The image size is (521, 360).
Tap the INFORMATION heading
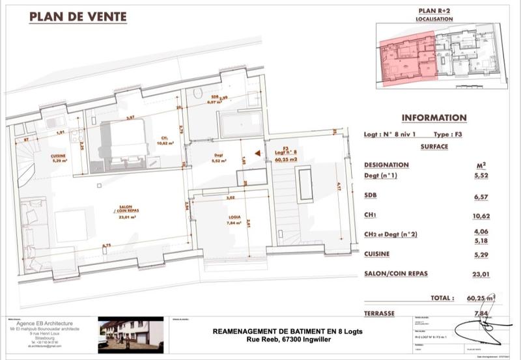pos(434,118)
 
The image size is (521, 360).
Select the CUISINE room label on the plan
pos(59,156)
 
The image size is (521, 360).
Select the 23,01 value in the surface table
pos(480,274)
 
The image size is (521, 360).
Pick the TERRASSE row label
pos(379,313)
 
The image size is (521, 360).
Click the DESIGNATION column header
pos(386,165)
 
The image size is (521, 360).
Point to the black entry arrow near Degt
pos(259,154)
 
